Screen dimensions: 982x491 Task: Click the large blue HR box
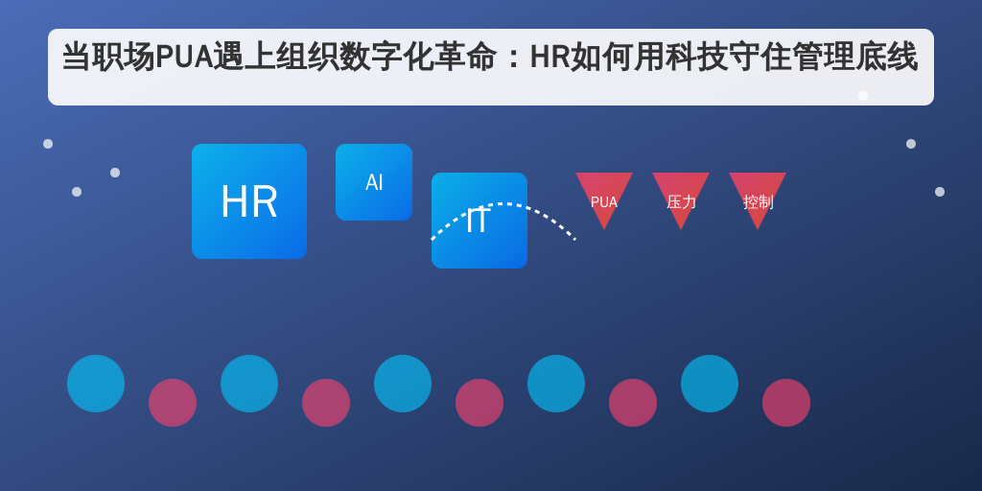click(x=249, y=201)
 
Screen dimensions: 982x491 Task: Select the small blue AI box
click(x=374, y=182)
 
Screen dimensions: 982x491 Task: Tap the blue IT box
click(x=479, y=221)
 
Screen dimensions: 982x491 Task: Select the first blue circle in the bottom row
click(x=96, y=384)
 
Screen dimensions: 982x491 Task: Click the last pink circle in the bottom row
click(x=786, y=403)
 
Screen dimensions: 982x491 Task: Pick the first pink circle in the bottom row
click(x=173, y=403)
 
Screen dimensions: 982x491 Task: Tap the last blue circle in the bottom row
click(x=710, y=384)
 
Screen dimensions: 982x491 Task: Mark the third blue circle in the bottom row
click(x=403, y=384)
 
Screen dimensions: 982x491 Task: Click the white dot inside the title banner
click(x=863, y=96)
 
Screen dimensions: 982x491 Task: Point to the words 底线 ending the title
click(x=886, y=58)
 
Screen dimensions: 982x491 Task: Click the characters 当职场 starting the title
click(x=108, y=58)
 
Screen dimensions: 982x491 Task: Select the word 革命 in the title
click(x=465, y=58)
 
